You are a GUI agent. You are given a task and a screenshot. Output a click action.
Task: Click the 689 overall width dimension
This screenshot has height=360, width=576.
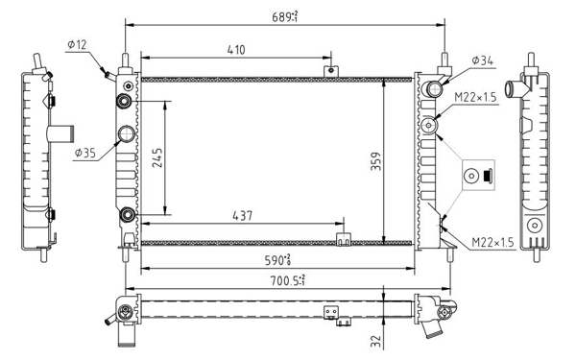285,16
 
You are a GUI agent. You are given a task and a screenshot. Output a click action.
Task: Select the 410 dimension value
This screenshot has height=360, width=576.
236,50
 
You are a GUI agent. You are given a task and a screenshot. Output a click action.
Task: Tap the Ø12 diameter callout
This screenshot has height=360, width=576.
77,45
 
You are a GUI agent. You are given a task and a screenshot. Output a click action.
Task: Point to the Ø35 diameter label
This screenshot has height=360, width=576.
84,153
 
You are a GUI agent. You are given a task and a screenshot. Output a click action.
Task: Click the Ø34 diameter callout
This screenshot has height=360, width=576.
482,60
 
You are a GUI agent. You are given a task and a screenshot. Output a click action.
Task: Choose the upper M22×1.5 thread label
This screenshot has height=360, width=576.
475,97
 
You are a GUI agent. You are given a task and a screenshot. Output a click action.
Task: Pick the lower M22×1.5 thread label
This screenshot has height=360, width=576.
492,242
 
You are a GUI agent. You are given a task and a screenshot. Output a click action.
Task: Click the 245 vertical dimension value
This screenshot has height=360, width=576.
157,158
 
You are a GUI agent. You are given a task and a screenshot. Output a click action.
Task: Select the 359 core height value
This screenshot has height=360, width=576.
375,161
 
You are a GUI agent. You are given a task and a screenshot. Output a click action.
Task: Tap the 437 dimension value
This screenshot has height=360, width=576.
243,216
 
